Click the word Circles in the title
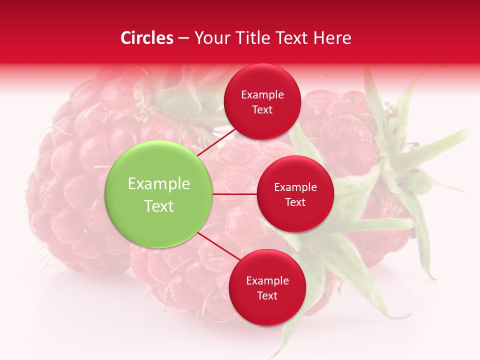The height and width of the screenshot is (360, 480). (x=146, y=38)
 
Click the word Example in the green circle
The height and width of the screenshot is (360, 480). (x=159, y=184)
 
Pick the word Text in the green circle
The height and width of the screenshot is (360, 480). (x=159, y=206)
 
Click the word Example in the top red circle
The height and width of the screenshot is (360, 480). (x=262, y=95)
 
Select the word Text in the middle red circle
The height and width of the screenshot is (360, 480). (x=295, y=202)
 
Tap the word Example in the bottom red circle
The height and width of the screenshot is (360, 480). (x=267, y=281)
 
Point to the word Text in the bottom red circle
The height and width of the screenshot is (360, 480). (x=267, y=296)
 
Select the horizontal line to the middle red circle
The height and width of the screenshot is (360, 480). (x=234, y=194)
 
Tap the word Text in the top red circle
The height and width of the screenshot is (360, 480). (x=262, y=110)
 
